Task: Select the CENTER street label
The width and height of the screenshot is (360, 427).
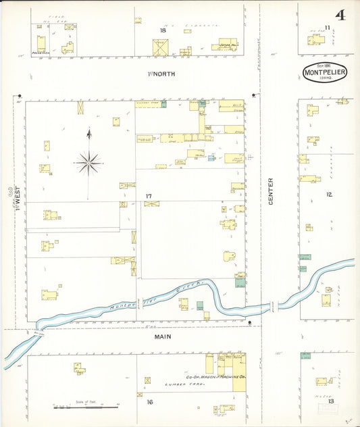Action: pos(271,191)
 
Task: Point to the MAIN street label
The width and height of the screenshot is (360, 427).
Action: pos(162,336)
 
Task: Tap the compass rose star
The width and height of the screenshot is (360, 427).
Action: pos(88,161)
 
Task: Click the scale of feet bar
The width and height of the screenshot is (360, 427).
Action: pos(81,407)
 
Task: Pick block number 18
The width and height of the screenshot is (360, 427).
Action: pos(162,30)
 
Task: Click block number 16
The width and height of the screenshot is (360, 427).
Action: pos(149,401)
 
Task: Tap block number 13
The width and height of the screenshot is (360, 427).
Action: pos(330,401)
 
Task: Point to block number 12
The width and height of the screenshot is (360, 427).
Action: pos(329,195)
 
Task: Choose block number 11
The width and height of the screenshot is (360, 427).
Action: pos(327,27)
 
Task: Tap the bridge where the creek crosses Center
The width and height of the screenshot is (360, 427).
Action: pos(272,306)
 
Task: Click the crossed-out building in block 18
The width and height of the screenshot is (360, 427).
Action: pos(161,47)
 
